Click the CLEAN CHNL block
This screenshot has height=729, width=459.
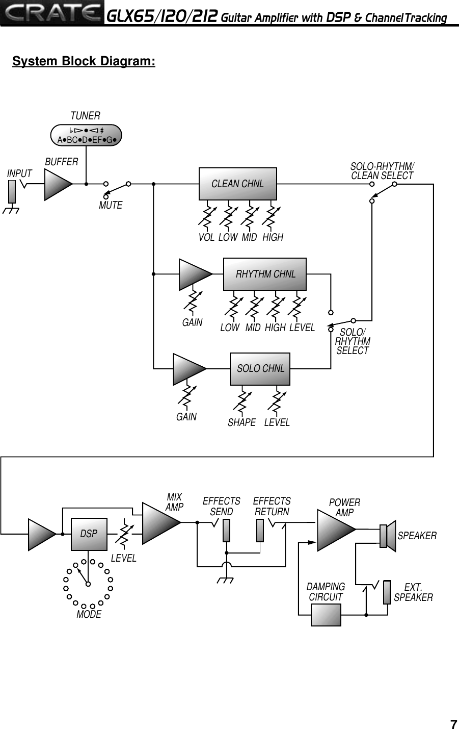pos(237,184)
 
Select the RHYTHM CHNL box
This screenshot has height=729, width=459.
pos(265,274)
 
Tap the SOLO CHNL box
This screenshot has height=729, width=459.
pos(260,368)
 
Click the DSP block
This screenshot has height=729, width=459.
pos(89,534)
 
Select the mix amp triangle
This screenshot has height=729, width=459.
pos(160,522)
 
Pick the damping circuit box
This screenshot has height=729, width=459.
pos(326,615)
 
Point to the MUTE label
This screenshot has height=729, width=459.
pos(111,206)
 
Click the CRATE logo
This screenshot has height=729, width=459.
pos(51,13)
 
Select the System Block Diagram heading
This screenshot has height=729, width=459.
pos(84,62)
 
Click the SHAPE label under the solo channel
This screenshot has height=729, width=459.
pos(241,423)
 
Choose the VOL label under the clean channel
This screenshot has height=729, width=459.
pos(206,238)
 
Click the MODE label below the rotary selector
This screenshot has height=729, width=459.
pos(89,615)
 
